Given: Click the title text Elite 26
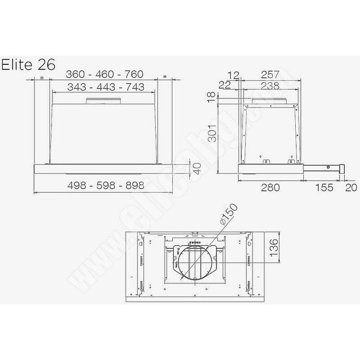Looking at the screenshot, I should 29,65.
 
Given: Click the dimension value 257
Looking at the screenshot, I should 270,75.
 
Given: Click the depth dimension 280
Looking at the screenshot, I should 269,187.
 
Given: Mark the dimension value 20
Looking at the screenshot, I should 351,187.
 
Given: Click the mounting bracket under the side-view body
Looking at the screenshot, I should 267,162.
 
